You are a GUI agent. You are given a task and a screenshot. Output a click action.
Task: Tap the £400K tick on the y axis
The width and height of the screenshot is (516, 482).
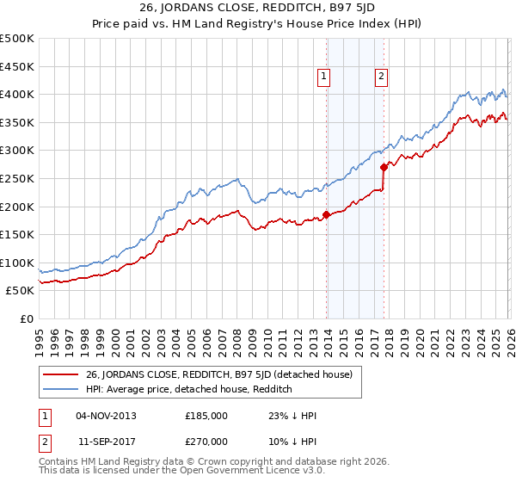point(17,94)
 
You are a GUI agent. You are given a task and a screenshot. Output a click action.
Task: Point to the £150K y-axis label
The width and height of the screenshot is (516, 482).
point(17,234)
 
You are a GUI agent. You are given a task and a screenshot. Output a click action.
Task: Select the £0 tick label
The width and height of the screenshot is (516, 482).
point(25,318)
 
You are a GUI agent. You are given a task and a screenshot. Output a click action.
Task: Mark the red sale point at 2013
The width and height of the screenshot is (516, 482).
point(326,214)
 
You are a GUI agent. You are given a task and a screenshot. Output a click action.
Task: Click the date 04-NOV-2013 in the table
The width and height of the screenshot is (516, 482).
point(106,415)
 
